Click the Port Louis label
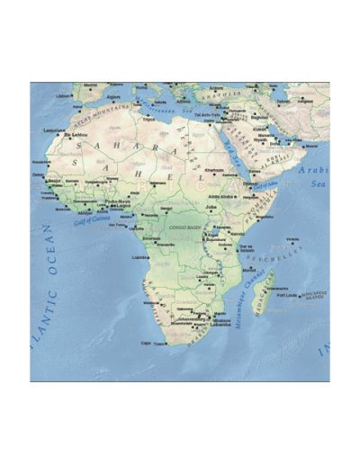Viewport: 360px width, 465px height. point(287,294)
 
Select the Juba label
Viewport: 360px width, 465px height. point(212,205)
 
